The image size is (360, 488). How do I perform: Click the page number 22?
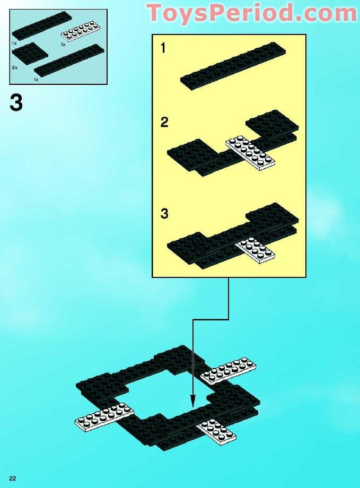pos(12,479)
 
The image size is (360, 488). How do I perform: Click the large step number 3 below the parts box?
pos(16,103)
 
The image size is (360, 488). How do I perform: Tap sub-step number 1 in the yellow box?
pos(163,48)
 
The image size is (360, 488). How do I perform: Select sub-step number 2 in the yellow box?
pos(164,123)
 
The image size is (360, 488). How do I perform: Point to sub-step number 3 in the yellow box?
pos(164,214)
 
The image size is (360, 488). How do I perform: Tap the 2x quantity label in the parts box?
pos(14,68)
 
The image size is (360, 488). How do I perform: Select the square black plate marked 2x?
pos(26,53)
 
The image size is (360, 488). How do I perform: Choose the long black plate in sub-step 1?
pos(233,65)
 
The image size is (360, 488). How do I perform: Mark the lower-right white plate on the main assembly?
pos(216,431)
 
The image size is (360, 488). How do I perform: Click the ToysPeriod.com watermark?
pos(251,13)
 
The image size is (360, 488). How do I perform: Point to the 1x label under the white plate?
pos(63,45)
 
